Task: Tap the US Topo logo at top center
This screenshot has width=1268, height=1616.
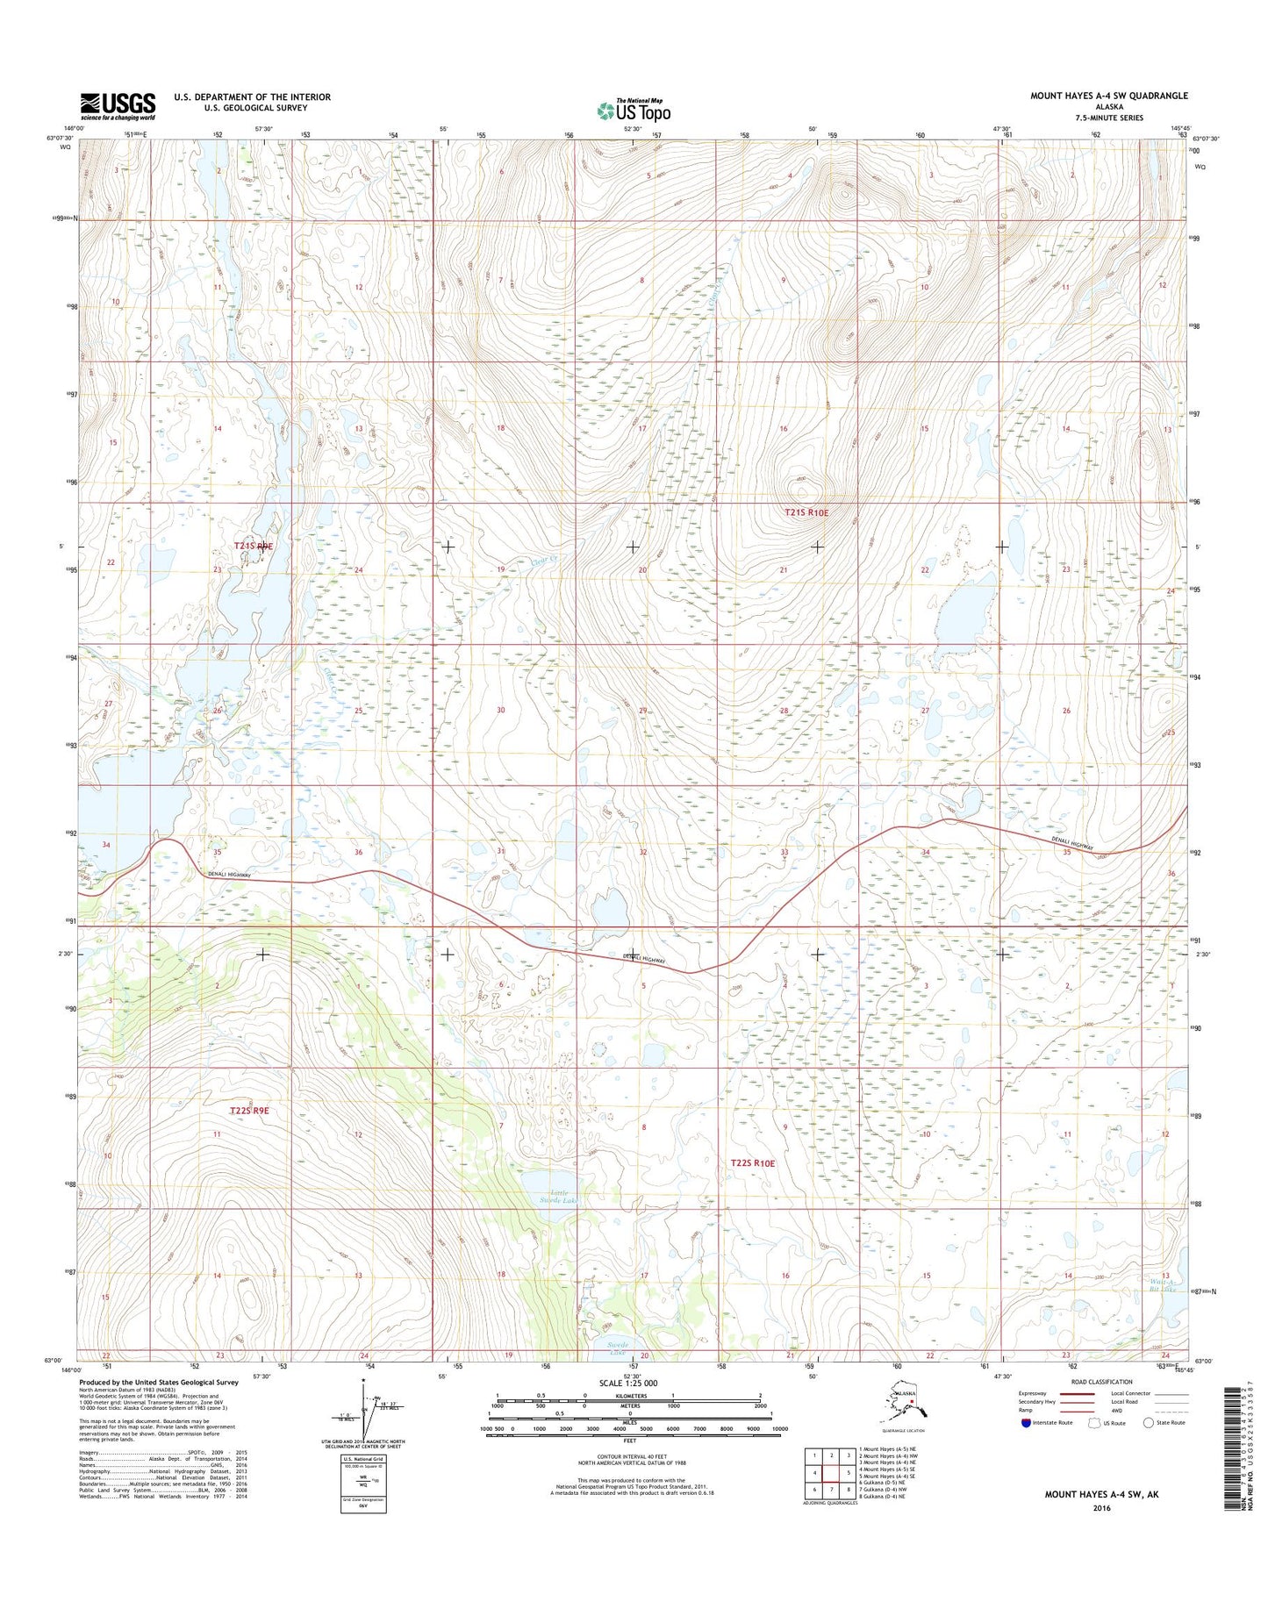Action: point(633,111)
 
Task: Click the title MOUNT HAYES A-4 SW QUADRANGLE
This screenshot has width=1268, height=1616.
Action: point(1108,96)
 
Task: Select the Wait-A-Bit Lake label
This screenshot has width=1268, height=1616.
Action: point(1162,1285)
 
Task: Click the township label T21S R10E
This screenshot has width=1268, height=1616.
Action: point(805,512)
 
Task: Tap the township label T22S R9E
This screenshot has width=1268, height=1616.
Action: point(248,1111)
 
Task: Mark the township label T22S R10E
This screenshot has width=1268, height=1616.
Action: point(753,1163)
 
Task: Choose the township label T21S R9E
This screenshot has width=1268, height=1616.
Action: point(253,546)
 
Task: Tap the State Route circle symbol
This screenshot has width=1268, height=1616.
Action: point(1148,1423)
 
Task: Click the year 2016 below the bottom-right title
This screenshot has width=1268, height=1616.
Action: point(1101,1508)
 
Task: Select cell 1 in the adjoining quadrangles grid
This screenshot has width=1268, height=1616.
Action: point(814,1455)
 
